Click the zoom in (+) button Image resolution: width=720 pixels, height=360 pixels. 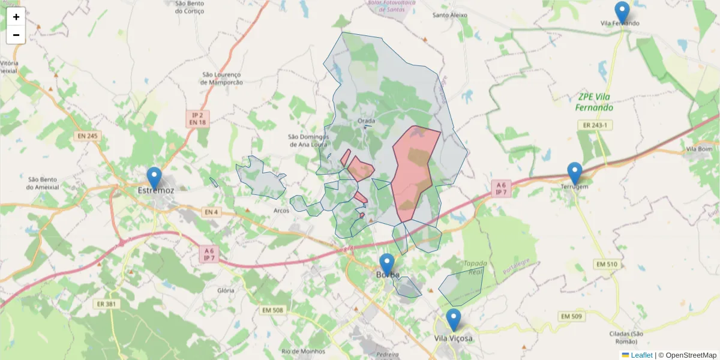[16, 17]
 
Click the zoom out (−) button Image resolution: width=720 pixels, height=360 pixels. [16, 35]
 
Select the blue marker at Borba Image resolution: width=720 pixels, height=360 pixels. [387, 265]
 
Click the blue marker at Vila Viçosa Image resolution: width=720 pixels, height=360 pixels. [454, 320]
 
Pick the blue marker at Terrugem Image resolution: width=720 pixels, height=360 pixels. [575, 173]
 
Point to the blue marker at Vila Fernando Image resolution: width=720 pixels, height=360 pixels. [622, 13]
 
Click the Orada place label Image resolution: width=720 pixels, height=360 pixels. [366, 121]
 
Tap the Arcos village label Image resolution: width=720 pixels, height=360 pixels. [281, 211]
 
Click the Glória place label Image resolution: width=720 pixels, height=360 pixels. [226, 290]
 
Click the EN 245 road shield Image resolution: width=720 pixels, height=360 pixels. [88, 136]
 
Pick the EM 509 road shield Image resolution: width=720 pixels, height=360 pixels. [571, 316]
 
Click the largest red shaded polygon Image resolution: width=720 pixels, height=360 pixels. [414, 171]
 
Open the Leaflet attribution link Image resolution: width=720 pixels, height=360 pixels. [641, 355]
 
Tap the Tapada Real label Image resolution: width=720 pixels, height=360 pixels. [475, 268]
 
